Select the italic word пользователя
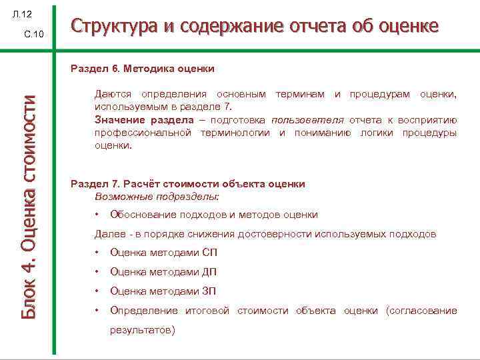307,120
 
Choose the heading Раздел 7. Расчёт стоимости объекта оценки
187,184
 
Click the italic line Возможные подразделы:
157,197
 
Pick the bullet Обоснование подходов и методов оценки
213,215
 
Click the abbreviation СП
209,253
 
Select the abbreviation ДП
209,272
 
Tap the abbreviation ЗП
209,291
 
